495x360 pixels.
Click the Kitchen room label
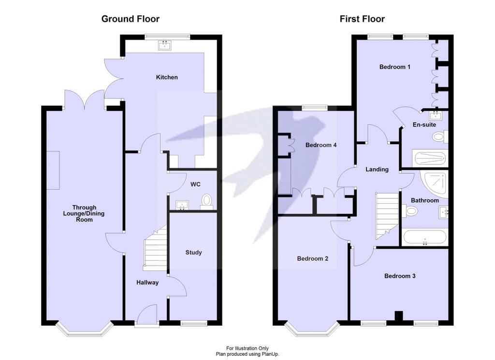pos(167,77)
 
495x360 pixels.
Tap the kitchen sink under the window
pos(164,45)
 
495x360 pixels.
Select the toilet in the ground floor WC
pos(206,202)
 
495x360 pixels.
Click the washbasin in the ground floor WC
pos(182,205)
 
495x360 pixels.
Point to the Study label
pos(193,252)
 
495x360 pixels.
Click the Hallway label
pos(147,283)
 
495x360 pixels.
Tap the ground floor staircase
pos(155,248)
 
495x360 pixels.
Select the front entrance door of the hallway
pos(147,314)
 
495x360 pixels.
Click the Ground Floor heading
pos(131,19)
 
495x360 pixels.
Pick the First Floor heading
pos(362,19)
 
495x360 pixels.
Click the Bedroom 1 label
pos(394,67)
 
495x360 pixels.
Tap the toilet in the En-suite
pos(440,137)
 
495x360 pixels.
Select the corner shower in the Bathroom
pos(436,184)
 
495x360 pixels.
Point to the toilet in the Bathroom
pos(410,210)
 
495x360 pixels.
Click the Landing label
pos(377,169)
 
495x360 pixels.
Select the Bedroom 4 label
pos(321,145)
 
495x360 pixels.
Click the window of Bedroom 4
pos(314,108)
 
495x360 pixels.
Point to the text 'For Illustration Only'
pos(247,348)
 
